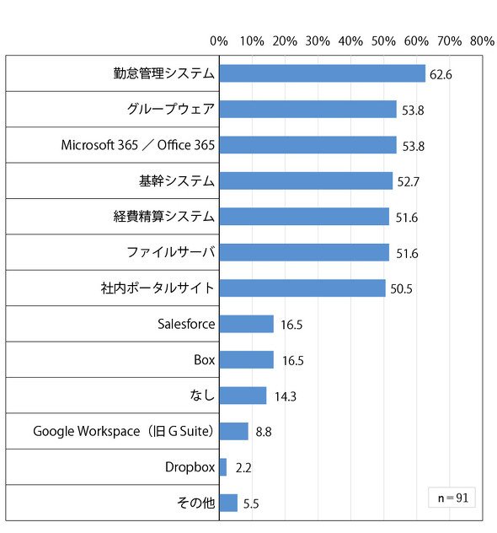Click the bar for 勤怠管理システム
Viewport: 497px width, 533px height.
coord(322,73)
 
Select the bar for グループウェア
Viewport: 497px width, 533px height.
coord(308,109)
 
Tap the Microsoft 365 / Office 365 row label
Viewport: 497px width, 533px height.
coord(138,145)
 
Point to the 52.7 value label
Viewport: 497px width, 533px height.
coord(409,182)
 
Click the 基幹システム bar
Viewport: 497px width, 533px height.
coord(306,180)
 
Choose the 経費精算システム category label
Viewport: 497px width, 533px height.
coord(164,217)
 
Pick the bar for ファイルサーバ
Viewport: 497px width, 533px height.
coord(304,252)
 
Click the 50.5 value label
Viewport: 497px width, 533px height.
coord(401,289)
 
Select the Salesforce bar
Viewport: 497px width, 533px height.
coord(247,324)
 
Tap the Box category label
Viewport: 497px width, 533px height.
coord(205,359)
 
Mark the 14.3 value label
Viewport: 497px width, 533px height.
coord(286,396)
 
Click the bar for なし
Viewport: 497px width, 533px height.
coord(243,396)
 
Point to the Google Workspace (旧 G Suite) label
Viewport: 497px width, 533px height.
coord(124,431)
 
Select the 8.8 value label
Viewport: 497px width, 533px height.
coord(264,432)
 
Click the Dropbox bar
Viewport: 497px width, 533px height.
coord(223,467)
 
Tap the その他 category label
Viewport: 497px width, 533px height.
coord(196,503)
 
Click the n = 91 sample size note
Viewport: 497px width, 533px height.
coord(453,498)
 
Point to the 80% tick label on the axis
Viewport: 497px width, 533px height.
coord(482,41)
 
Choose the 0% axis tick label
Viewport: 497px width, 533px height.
coord(219,41)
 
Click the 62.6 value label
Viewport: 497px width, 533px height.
coord(441,75)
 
